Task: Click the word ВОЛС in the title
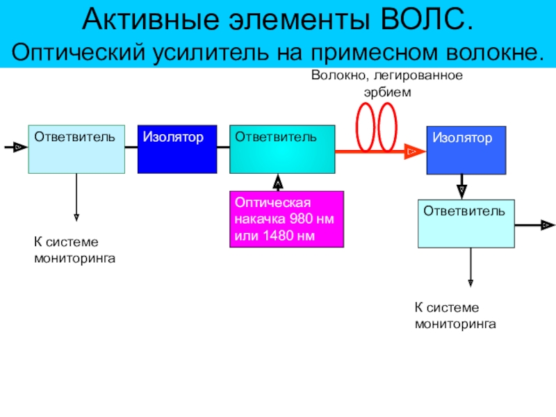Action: pyautogui.click(x=427, y=19)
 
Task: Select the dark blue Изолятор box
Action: pyautogui.click(x=177, y=149)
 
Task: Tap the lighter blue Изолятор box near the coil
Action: pyautogui.click(x=466, y=150)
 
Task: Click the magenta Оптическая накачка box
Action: pyautogui.click(x=286, y=219)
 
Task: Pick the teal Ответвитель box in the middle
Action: pyautogui.click(x=282, y=149)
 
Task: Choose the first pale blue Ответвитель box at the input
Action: pyautogui.click(x=76, y=149)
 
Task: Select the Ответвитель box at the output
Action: pyautogui.click(x=466, y=223)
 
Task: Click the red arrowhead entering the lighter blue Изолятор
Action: pyautogui.click(x=415, y=152)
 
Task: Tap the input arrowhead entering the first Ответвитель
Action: pyautogui.click(x=20, y=147)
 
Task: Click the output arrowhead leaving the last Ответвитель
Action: pyautogui.click(x=548, y=224)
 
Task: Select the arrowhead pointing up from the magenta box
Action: pyautogui.click(x=278, y=181)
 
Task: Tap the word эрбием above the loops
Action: pyautogui.click(x=388, y=92)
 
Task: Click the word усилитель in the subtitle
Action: pyautogui.click(x=211, y=53)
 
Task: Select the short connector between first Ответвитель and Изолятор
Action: pyautogui.click(x=131, y=147)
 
